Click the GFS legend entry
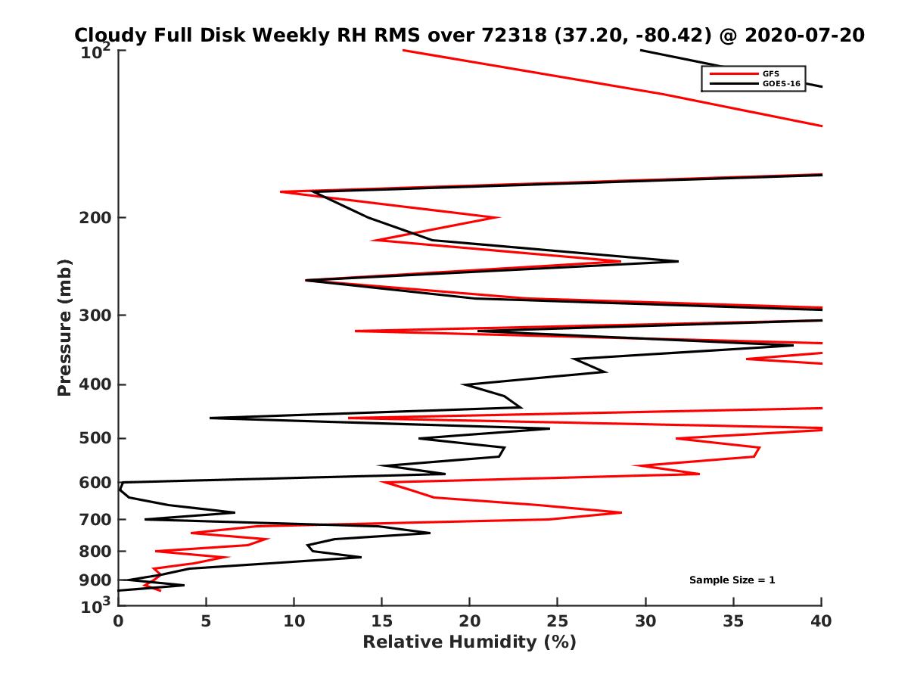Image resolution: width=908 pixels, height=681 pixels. [771, 73]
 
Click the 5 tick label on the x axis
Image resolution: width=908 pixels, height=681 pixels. [206, 621]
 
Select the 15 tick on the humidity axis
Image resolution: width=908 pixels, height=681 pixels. [381, 621]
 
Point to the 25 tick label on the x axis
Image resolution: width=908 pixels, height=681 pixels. [557, 621]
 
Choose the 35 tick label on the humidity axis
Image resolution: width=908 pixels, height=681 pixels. [733, 621]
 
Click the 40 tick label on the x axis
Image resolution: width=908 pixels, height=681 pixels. [821, 621]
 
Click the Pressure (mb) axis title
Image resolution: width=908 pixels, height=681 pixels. [64, 327]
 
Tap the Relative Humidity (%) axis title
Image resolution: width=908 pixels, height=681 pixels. [469, 642]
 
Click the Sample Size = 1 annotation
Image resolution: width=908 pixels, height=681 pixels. [732, 580]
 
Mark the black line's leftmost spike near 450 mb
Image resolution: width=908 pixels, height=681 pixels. [211, 418]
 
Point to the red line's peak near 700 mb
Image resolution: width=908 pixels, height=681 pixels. [620, 513]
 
